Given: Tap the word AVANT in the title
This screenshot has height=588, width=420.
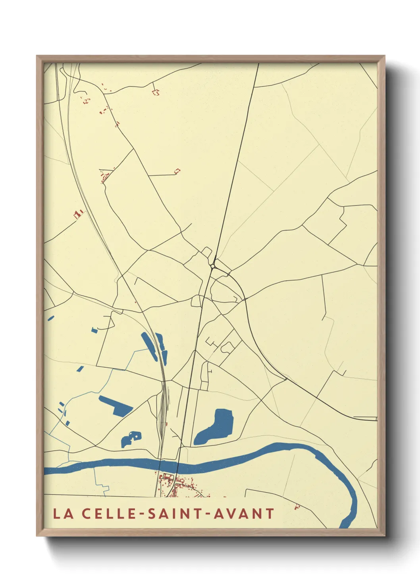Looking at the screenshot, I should click(244, 514).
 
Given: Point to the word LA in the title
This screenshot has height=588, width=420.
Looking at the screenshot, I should click(63, 514).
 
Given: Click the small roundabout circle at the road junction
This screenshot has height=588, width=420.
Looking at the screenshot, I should click(213, 266).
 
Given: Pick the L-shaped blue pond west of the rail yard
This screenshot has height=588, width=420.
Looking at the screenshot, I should click(116, 405).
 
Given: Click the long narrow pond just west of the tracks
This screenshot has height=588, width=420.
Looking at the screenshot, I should click(149, 346).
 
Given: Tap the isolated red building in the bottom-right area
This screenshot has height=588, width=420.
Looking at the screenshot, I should click(297, 507).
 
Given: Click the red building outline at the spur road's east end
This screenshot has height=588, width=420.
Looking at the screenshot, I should click(177, 171).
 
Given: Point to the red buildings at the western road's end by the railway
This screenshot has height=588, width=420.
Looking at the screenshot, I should click(78, 215).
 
